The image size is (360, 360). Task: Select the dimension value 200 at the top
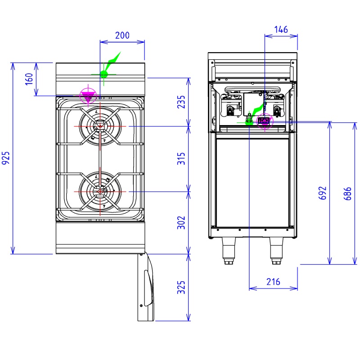pyautogui.click(x=122, y=36)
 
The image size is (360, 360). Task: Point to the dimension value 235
pyautogui.click(x=181, y=103)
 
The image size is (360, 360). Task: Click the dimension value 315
pyautogui.click(x=181, y=159)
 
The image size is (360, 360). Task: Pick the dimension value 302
pyautogui.click(x=181, y=222)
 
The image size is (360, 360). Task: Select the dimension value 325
pyautogui.click(x=181, y=288)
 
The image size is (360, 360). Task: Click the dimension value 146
pyautogui.click(x=281, y=30)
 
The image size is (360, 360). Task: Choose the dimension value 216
pyautogui.click(x=273, y=282)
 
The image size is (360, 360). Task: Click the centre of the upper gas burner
pyautogui.click(x=99, y=126)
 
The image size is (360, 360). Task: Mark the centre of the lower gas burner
pyautogui.click(x=99, y=191)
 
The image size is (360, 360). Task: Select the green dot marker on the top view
pyautogui.click(x=104, y=74)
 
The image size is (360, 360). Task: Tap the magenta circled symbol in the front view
pyautogui.click(x=265, y=121)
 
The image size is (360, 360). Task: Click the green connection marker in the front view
pyautogui.click(x=248, y=120)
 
